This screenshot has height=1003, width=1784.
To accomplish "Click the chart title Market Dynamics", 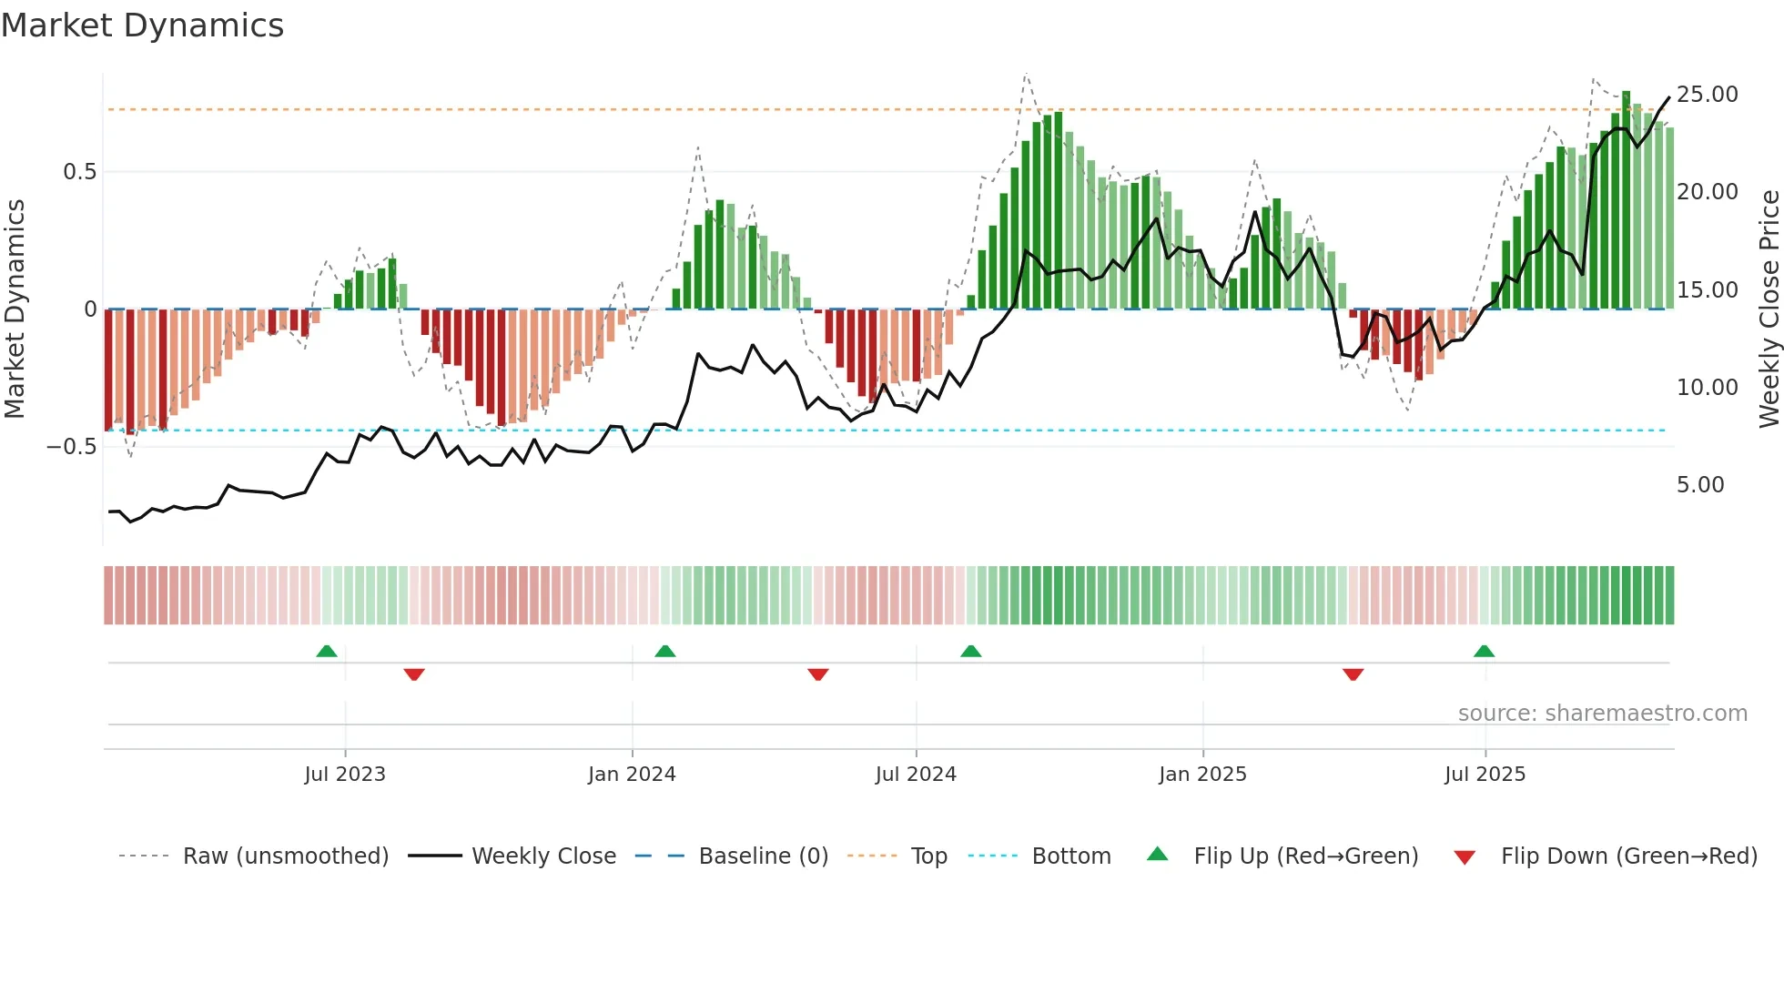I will click(x=143, y=25).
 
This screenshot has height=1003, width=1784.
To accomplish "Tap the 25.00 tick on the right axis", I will click(x=1707, y=95).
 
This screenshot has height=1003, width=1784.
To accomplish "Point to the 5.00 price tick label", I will click(x=1700, y=485).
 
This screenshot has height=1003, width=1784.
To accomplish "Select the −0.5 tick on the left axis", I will click(x=72, y=447).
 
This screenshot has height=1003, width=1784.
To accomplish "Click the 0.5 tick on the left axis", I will click(x=79, y=172).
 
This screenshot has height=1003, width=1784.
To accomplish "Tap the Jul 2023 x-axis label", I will click(x=345, y=775).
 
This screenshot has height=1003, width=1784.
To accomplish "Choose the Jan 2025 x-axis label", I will click(x=1202, y=775).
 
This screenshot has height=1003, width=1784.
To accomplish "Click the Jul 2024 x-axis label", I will click(x=916, y=775).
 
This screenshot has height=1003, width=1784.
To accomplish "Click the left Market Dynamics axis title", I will click(x=15, y=309).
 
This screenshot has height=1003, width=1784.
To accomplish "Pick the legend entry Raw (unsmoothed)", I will click(x=285, y=856).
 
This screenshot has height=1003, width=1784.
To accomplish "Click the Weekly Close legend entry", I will click(x=543, y=856).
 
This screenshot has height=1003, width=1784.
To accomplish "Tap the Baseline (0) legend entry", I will click(x=763, y=856).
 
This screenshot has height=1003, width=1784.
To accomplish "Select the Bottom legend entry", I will click(x=1070, y=856).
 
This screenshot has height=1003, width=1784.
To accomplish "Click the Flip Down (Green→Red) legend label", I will click(x=1628, y=856).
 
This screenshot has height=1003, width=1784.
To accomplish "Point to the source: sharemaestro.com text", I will click(x=1602, y=714).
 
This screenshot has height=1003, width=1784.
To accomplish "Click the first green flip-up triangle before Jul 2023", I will click(x=327, y=651).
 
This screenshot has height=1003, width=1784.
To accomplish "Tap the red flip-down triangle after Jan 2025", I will click(x=1353, y=674).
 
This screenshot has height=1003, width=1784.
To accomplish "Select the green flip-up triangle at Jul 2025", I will click(x=1484, y=651).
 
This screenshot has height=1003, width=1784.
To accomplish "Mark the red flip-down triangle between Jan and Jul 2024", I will click(x=817, y=674).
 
